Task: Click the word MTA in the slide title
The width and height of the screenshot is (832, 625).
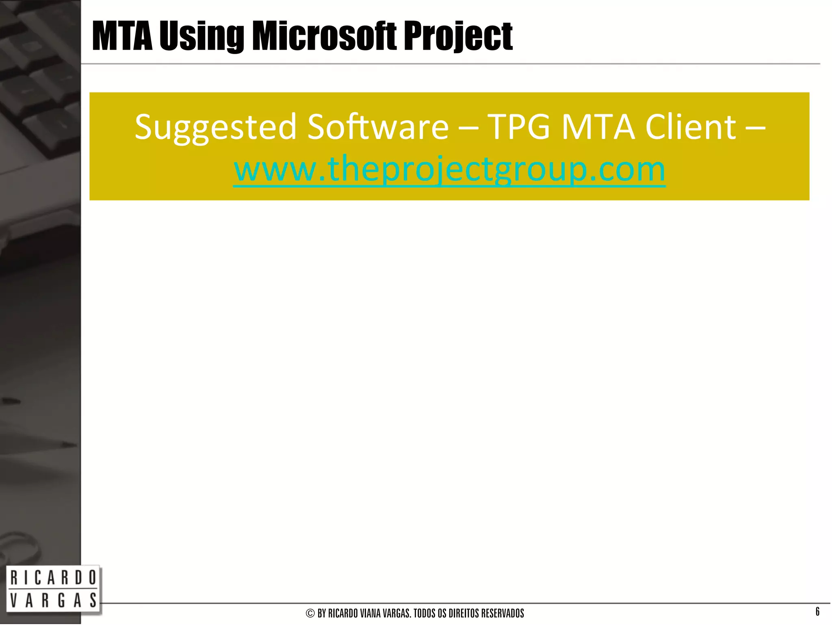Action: point(122,37)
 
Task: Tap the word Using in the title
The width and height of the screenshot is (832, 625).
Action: point(201,37)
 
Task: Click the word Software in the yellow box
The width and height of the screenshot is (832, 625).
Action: point(378,127)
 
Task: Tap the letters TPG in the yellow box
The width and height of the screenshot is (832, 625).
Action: point(519,127)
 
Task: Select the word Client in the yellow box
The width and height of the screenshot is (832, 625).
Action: point(691,127)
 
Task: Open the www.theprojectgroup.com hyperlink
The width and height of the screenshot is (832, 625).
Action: point(449,170)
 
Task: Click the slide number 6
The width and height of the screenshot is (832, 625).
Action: point(817,611)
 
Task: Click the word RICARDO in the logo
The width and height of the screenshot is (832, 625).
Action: point(53,578)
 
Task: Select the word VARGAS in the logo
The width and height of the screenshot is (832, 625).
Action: point(53,600)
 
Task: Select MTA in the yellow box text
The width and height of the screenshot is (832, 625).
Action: point(598,127)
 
